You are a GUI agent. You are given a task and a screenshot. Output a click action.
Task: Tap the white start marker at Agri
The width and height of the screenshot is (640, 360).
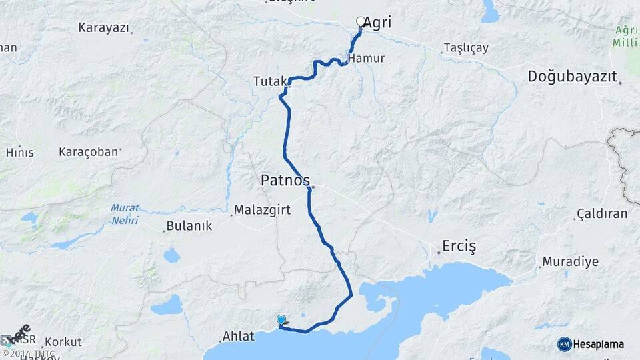coord(361,22)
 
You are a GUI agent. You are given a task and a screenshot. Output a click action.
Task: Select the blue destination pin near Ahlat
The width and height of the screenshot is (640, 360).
coord(281,321)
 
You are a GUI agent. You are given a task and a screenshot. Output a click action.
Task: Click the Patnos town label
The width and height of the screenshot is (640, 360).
coord(285,181)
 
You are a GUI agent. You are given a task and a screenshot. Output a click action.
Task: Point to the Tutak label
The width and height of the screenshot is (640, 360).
coord(269,81)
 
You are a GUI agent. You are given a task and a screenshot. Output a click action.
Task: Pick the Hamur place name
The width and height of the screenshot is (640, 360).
coord(366,58)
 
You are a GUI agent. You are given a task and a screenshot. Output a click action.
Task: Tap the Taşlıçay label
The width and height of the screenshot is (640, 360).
coord(465,48)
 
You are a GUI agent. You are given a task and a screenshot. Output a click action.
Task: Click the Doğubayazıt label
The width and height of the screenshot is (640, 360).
coord(572,76)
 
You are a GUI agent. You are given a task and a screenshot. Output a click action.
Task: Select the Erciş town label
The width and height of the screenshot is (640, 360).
coord(460,247)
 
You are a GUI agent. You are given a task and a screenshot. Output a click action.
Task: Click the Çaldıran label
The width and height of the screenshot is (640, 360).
coord(601,214)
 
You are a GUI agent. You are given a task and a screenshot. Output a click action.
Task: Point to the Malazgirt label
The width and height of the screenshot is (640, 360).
coord(263,211)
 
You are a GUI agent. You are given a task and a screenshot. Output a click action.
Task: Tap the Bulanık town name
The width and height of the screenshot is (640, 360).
coord(189,226)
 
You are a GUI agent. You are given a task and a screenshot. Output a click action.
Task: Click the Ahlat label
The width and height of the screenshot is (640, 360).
coord(239,337)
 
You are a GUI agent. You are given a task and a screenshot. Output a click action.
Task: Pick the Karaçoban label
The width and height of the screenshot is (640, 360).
coord(88,152)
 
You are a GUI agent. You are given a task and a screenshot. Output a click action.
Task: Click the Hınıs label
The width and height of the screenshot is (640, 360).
coord(19,152)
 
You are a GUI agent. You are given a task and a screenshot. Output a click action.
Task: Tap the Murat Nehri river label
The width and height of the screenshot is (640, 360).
coord(125,213)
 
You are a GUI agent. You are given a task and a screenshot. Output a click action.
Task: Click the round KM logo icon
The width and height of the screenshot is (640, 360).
coord(565,344)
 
